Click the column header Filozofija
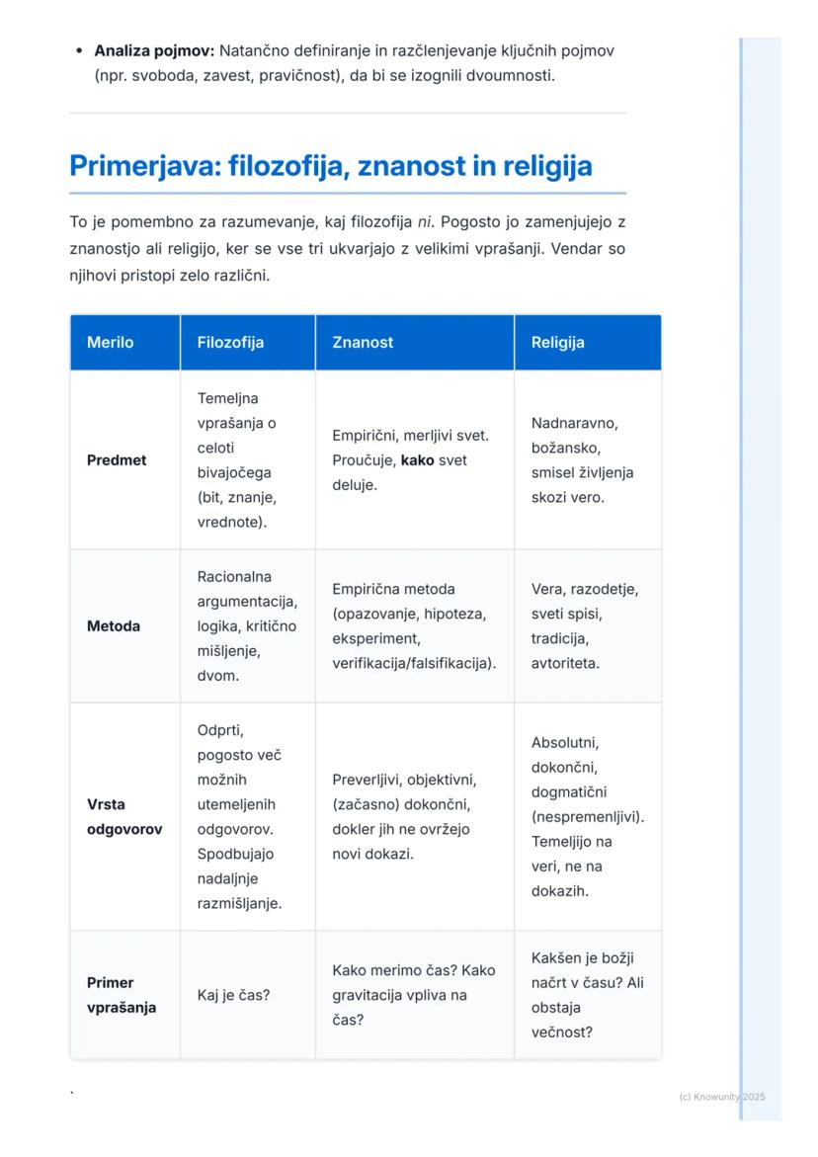point(230,343)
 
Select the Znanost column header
point(363,343)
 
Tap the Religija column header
point(557,343)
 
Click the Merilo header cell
point(110,343)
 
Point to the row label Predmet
point(117,460)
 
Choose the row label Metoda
point(114,626)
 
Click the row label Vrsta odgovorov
point(124,817)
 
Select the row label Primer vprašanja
point(122,995)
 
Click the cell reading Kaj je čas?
point(233,995)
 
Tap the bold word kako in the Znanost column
point(417,460)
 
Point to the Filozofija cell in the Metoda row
point(246,626)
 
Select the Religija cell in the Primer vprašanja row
point(587,995)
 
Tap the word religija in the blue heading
point(547,166)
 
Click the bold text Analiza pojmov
point(154,50)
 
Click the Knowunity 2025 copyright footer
point(722,1097)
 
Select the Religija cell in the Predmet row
point(582,460)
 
